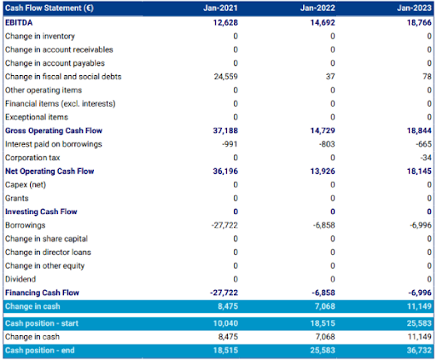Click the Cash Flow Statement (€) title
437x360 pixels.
coord(50,9)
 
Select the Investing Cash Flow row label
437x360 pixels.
coord(41,211)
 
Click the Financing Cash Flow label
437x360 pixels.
coord(43,292)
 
